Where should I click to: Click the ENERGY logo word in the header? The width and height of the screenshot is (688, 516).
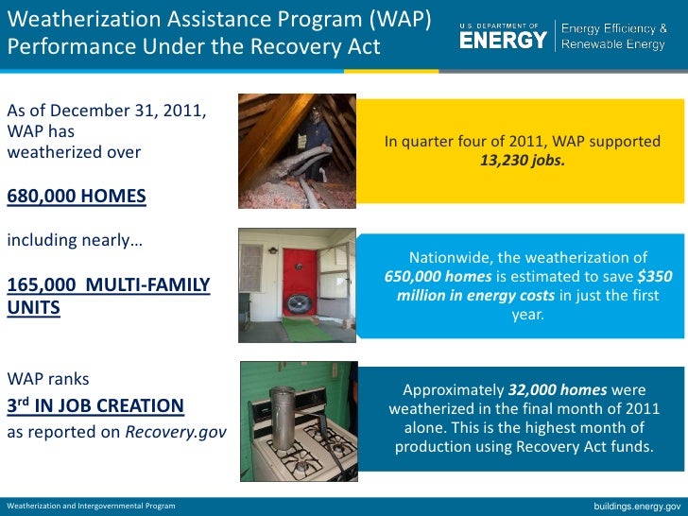point(503,40)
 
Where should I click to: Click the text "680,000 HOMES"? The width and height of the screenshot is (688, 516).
point(77,197)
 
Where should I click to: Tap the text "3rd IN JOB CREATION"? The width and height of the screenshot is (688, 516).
point(95,406)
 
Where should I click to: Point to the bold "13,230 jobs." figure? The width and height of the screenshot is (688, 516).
point(522,160)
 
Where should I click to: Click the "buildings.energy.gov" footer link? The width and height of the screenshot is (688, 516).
point(636,507)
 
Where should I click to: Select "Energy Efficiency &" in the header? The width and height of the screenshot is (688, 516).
point(614,27)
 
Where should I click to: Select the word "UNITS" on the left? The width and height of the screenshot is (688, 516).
point(34,308)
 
